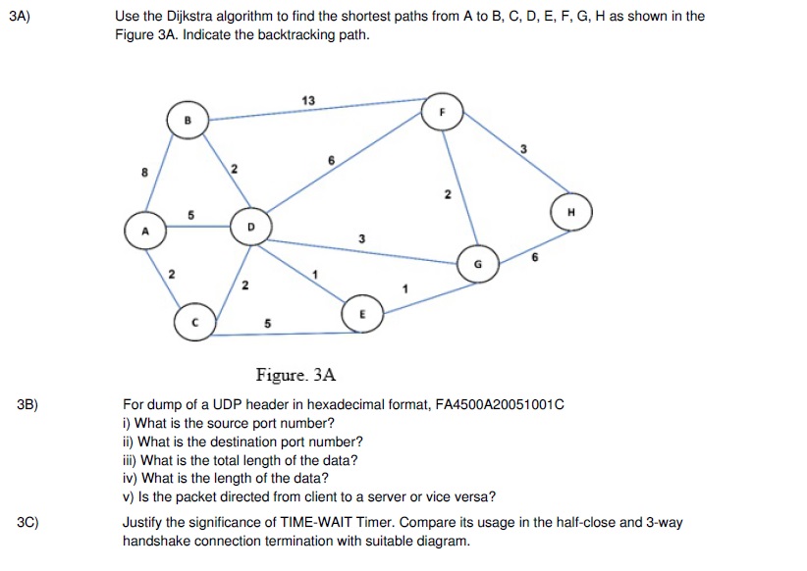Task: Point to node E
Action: tap(360, 315)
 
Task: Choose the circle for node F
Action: tap(442, 112)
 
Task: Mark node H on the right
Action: tap(571, 212)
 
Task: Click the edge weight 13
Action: tap(310, 100)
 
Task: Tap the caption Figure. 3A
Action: tap(296, 375)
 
